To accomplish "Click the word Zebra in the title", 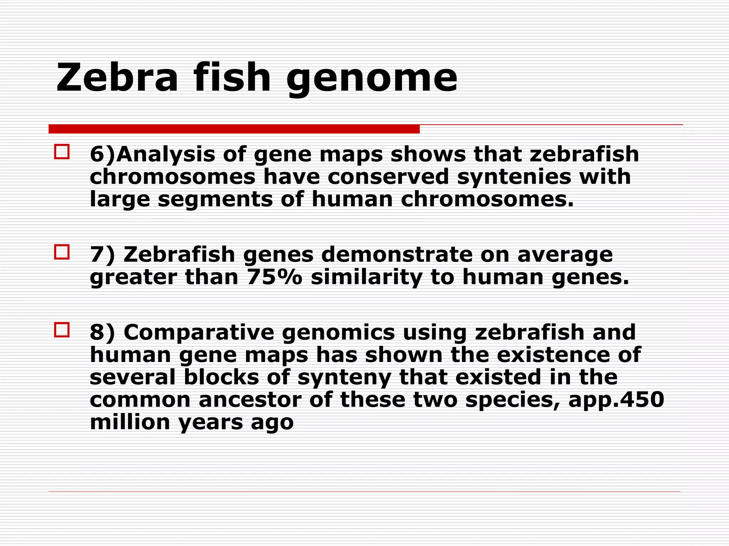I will click(117, 77).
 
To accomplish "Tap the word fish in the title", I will click(232, 77).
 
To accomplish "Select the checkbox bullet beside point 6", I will click(62, 152).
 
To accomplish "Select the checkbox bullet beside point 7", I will click(62, 252).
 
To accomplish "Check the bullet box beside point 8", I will click(62, 330).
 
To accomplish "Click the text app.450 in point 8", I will click(616, 399).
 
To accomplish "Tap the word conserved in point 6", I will click(388, 177).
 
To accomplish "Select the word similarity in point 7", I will click(367, 277).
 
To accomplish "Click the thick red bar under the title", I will click(234, 129).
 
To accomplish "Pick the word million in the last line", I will click(130, 422).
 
